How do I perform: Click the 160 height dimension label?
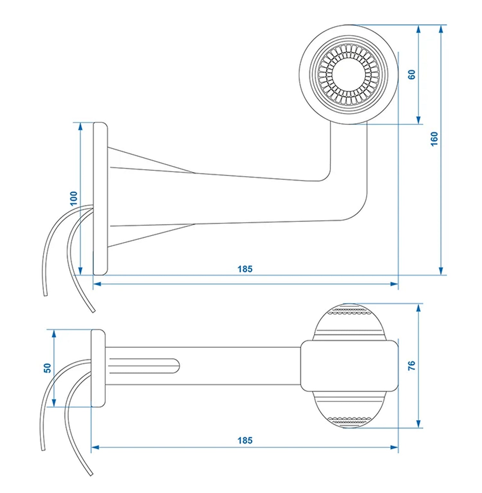coord(434,139)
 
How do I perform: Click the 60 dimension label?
coord(412,74)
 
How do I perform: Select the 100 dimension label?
coord(74,198)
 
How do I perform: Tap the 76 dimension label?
coord(412,366)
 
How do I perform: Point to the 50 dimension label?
coord(48,368)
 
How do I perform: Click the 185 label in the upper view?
coord(245,269)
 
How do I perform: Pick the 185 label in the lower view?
coord(245,440)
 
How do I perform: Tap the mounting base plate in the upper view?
coord(100,199)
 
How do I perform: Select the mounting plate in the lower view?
coord(98,368)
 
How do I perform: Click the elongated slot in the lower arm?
coord(145,366)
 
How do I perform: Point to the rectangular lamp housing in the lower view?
coord(350,366)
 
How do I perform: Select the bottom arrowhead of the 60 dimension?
coord(418,120)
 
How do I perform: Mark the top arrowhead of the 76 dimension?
coord(418,308)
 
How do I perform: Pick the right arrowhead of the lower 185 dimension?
coord(394,447)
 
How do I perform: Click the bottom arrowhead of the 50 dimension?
coord(54,403)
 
